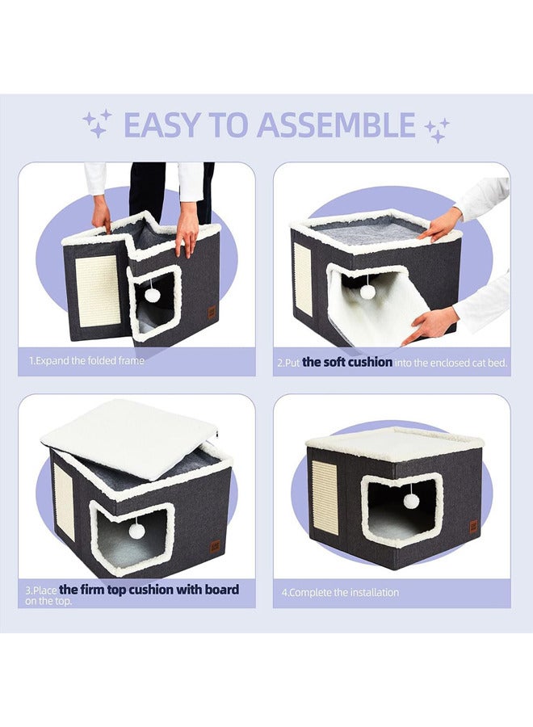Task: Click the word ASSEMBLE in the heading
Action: click(x=336, y=124)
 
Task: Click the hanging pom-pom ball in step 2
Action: click(x=368, y=291)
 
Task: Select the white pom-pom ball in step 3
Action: click(x=136, y=532)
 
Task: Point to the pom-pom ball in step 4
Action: click(x=410, y=500)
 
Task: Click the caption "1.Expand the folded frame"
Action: click(x=86, y=360)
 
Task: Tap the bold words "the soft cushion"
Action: click(x=347, y=362)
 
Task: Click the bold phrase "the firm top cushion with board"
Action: click(x=149, y=590)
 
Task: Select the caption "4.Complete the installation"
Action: click(x=340, y=592)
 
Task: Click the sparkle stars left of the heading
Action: click(x=98, y=124)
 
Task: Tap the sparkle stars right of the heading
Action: click(x=437, y=130)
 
